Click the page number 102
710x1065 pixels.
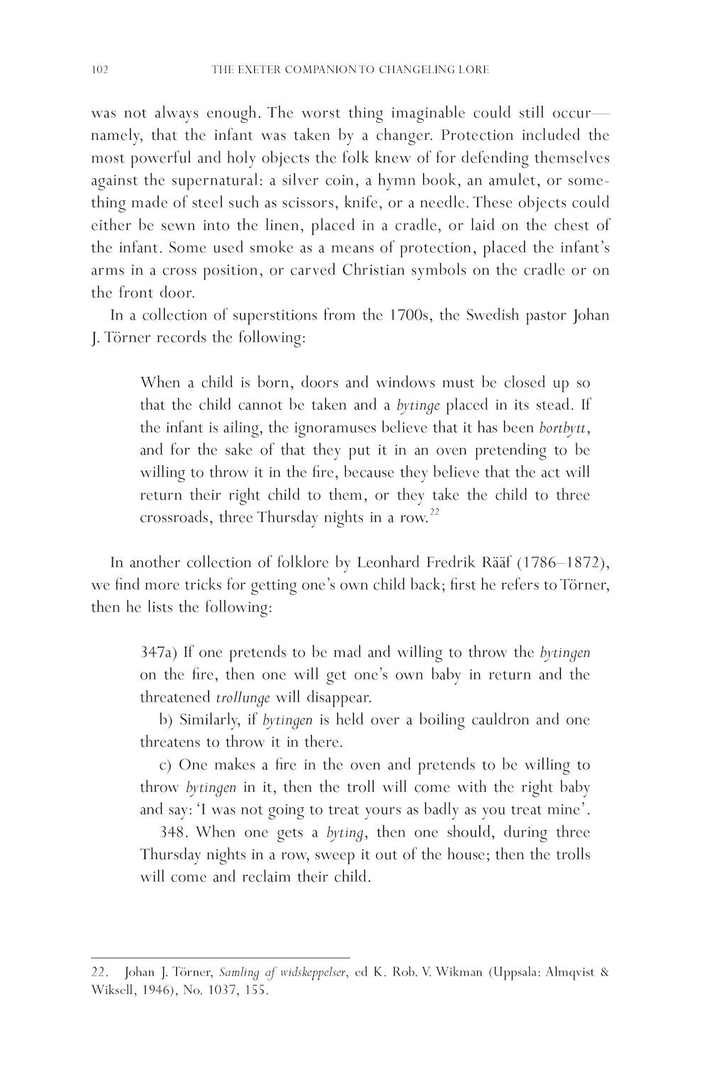click(99, 70)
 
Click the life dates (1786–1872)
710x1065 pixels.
click(562, 563)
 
